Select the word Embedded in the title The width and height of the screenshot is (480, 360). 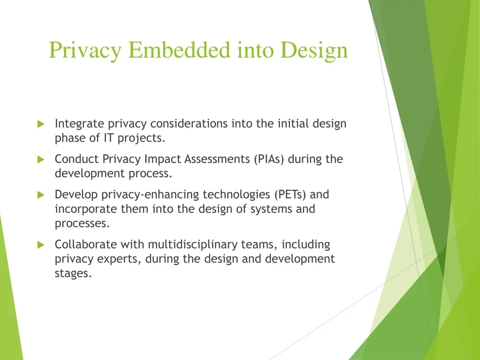pos(179,50)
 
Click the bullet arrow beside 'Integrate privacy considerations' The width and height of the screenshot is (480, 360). pos(41,124)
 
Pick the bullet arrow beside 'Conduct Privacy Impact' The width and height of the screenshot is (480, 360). pos(41,159)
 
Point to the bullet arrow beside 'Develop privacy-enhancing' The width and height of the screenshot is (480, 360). pos(41,195)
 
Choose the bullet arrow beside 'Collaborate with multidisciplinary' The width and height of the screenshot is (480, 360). pos(41,245)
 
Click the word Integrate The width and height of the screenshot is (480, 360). pos(80,124)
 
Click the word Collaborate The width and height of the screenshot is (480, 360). pos(86,245)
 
